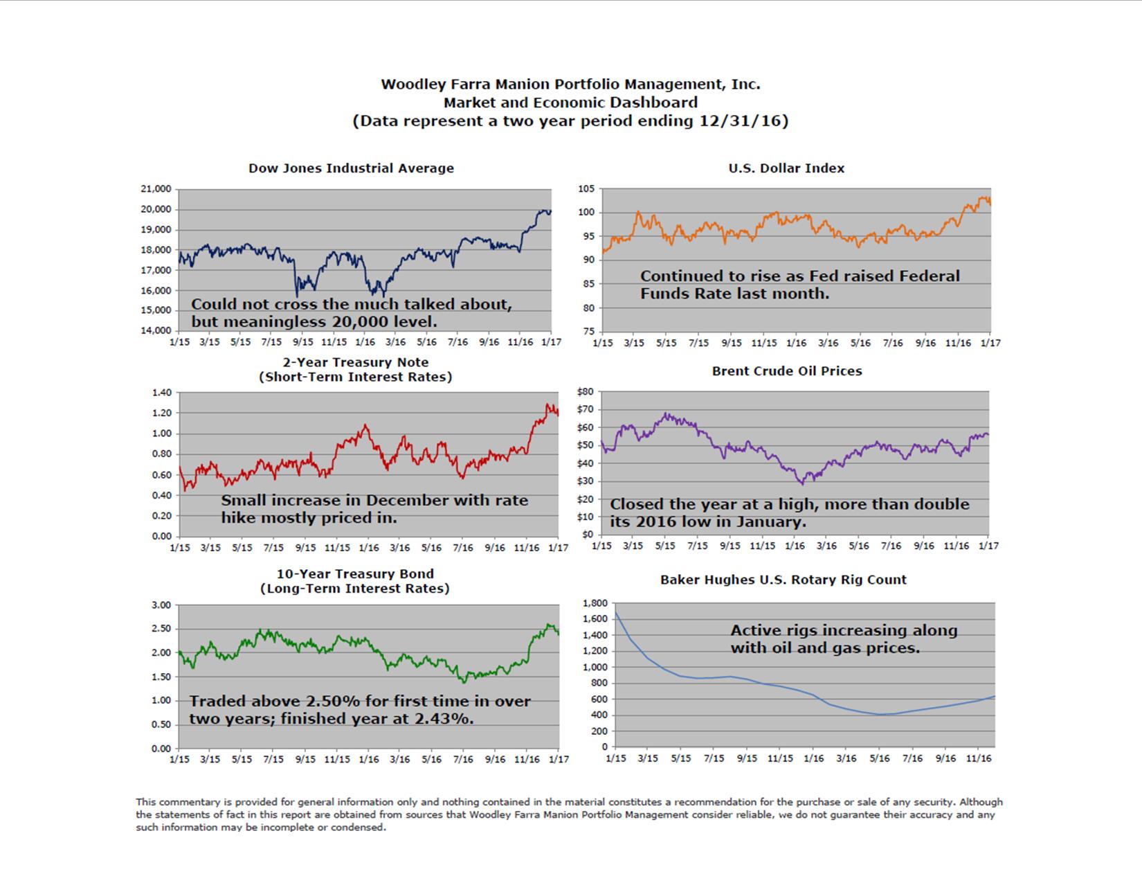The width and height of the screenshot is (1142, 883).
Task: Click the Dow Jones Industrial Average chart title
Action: [x=351, y=168]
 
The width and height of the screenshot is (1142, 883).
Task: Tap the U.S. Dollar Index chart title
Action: [x=786, y=168]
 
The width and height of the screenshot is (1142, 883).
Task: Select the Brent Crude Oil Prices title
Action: [x=787, y=371]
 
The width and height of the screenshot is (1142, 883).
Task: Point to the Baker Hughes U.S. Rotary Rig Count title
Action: [x=783, y=580]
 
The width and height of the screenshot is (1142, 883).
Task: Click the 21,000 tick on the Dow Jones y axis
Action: [x=156, y=189]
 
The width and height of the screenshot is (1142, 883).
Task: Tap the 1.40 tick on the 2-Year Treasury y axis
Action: [x=161, y=393]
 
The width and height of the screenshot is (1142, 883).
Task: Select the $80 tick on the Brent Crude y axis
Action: [x=585, y=391]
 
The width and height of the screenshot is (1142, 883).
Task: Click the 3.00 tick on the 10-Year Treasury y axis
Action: [x=161, y=605]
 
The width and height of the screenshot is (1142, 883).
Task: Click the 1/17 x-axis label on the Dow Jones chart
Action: [x=551, y=342]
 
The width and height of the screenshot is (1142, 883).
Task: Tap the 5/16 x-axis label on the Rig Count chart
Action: [x=879, y=758]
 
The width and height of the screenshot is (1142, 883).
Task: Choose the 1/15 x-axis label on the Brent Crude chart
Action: [x=601, y=546]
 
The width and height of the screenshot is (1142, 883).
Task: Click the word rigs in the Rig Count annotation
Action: [x=806, y=631]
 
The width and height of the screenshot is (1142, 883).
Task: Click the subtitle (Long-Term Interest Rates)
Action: [x=355, y=589]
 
